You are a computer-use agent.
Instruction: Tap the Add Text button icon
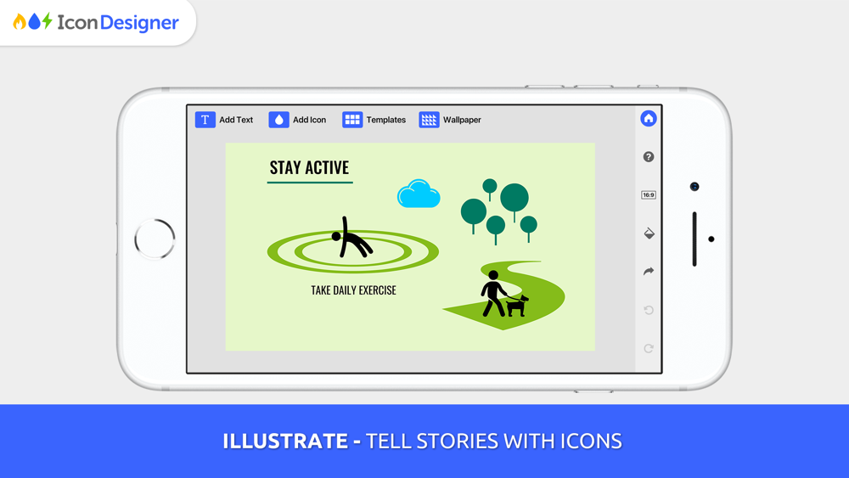coord(205,120)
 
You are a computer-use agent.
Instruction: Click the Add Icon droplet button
coord(278,120)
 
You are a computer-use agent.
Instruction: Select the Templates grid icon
coord(352,120)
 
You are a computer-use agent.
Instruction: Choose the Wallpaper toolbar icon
coord(429,120)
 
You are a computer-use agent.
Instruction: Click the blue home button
coord(648,118)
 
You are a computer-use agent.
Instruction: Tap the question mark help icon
coord(648,157)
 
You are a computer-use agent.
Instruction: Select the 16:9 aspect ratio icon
coord(648,195)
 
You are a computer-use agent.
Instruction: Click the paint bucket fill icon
coord(649,233)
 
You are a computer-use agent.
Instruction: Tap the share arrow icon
coord(648,271)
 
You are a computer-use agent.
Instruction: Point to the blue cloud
coord(419,194)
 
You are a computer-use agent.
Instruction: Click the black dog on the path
coord(517,306)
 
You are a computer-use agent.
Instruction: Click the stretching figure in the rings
coord(351,239)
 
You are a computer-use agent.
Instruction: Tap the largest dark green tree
coord(514,198)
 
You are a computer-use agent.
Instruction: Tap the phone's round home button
coord(155,239)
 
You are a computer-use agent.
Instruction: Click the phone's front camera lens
coord(694,187)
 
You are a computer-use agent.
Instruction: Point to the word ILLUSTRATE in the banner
coord(285,441)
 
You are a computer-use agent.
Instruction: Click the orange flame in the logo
coord(20,22)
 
